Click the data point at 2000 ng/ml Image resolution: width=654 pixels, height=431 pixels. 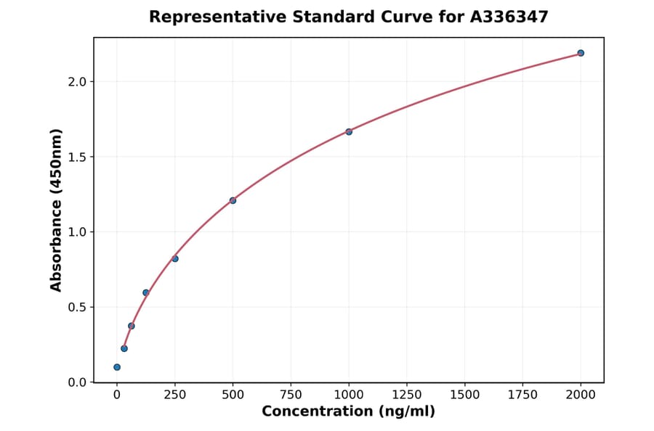pyautogui.click(x=581, y=53)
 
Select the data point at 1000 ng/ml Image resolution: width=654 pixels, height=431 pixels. pyautogui.click(x=349, y=131)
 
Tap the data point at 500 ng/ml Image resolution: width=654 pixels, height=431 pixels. pyautogui.click(x=233, y=200)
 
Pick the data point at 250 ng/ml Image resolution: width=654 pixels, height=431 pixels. pyautogui.click(x=175, y=258)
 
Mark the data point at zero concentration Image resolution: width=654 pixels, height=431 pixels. pyautogui.click(x=117, y=367)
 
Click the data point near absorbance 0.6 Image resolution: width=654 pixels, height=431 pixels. pyautogui.click(x=146, y=292)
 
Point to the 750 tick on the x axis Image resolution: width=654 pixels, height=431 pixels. pyautogui.click(x=291, y=395)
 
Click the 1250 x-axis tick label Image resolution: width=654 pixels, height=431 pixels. pyautogui.click(x=407, y=395)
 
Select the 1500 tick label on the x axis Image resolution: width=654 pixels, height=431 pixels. pyautogui.click(x=465, y=395)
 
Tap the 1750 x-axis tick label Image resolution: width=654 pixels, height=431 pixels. pyautogui.click(x=522, y=395)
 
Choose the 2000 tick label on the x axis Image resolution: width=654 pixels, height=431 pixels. pyautogui.click(x=581, y=395)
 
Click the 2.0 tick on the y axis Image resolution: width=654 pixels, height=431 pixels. pyautogui.click(x=78, y=82)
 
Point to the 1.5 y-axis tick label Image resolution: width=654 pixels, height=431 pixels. pyautogui.click(x=78, y=157)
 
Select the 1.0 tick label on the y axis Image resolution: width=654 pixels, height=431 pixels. pyautogui.click(x=78, y=232)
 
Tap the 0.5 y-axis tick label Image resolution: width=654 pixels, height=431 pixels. pyautogui.click(x=78, y=307)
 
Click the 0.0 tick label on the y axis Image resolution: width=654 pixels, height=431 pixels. pyautogui.click(x=78, y=382)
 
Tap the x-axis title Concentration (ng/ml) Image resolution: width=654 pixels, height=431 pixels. pyautogui.click(x=348, y=412)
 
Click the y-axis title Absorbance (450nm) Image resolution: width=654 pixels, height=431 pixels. pyautogui.click(x=56, y=210)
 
